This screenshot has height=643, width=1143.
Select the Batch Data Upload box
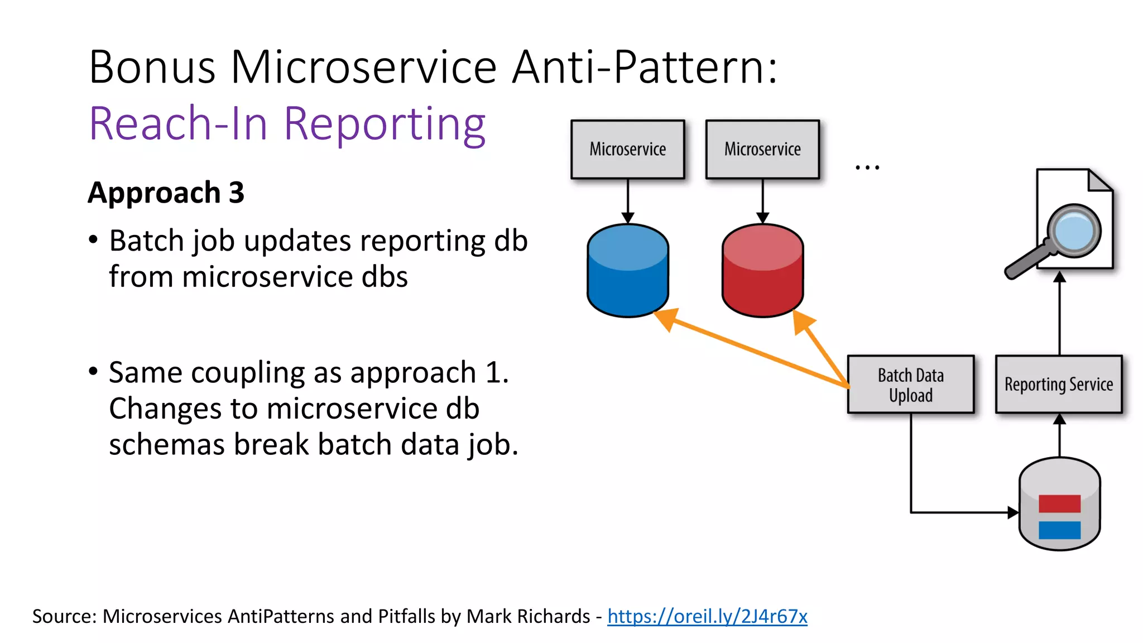[x=910, y=385]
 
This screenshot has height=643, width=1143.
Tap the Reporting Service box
[x=1059, y=385]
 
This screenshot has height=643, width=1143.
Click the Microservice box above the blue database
[x=628, y=149]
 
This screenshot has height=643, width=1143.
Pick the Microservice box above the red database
[x=762, y=149]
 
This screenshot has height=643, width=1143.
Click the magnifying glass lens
[x=1074, y=230]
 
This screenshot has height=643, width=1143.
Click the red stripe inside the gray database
[x=1059, y=503]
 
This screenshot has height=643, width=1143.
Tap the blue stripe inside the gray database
[x=1059, y=530]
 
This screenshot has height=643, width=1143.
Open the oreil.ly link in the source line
[x=707, y=616]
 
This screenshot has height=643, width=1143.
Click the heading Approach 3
[x=166, y=193]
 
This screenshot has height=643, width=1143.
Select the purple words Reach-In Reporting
[x=287, y=123]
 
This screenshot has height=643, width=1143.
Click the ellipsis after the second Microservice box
[x=867, y=166]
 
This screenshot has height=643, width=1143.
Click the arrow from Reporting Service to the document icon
[x=1059, y=313]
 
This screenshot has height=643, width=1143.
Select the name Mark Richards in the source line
[x=528, y=616]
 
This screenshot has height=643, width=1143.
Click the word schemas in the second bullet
[x=167, y=445]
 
